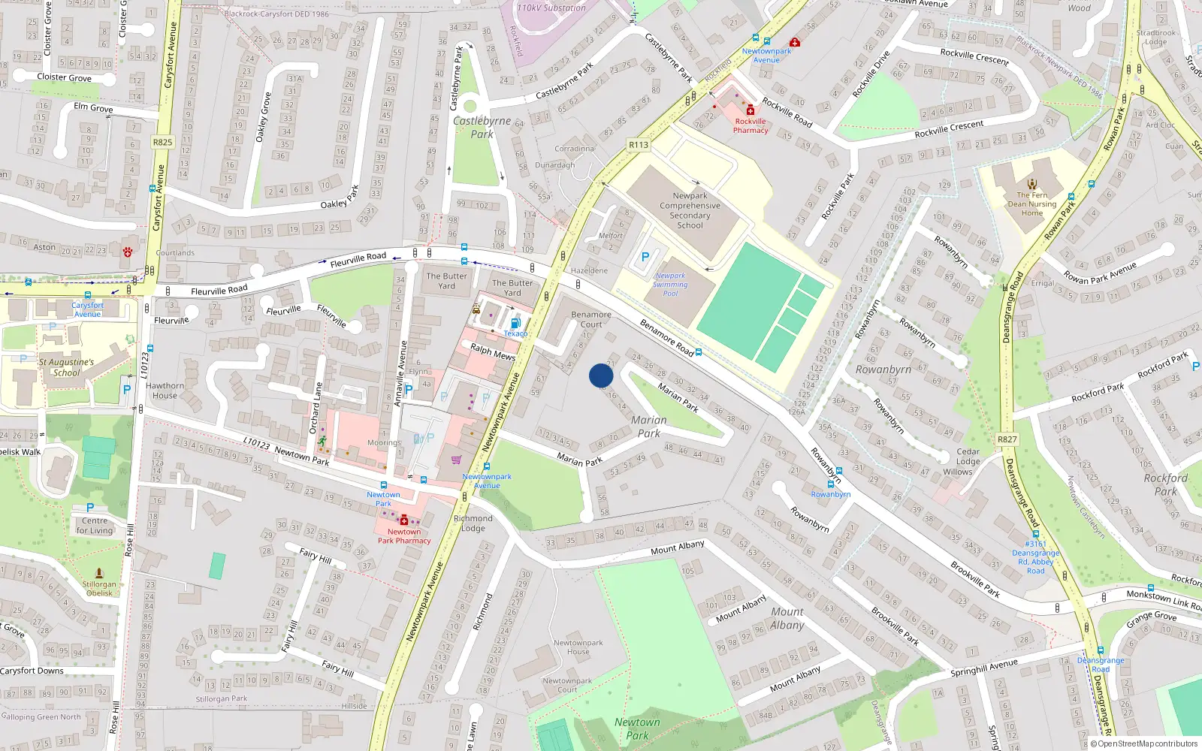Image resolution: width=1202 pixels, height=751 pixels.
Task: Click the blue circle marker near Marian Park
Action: [x=601, y=375]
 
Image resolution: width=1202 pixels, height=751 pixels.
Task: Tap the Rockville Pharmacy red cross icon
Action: [x=750, y=110]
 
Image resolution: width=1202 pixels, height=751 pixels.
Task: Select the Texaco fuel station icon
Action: [x=515, y=323]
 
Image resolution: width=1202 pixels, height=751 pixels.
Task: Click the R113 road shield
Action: [x=639, y=145]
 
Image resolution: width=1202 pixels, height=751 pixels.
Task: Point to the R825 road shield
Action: [x=162, y=142]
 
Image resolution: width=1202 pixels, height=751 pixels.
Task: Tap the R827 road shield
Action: [x=1007, y=439]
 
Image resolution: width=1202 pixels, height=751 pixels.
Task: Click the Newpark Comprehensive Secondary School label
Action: [x=690, y=210]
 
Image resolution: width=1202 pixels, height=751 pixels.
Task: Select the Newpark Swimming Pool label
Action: [x=670, y=285]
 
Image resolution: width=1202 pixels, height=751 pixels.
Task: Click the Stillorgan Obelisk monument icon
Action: [x=99, y=573]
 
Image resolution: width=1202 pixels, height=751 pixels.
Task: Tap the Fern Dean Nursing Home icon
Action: [x=1032, y=184]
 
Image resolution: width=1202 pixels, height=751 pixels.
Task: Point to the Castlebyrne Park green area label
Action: [x=482, y=127]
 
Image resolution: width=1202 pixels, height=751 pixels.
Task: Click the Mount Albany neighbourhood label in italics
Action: [x=787, y=618]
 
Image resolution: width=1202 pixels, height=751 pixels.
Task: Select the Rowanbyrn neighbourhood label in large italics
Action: [x=883, y=369]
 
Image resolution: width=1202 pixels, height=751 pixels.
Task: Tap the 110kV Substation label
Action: [x=551, y=8]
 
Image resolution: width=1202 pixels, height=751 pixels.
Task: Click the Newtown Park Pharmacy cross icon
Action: [x=404, y=520]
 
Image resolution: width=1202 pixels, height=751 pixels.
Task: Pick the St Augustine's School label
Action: [x=66, y=367]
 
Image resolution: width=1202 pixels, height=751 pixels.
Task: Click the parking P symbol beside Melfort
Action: [x=645, y=257]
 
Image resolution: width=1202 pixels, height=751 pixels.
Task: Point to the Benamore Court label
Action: [x=591, y=319]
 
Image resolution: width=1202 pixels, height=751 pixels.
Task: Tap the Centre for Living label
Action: [x=95, y=525]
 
